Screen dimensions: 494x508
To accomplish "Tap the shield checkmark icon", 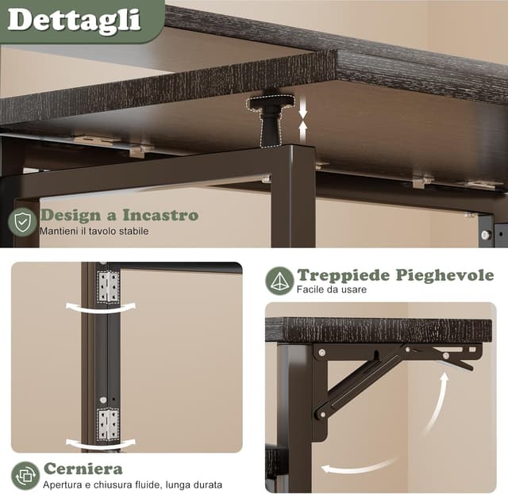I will (x=22, y=222).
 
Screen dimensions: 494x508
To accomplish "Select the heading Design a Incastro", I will (x=119, y=215).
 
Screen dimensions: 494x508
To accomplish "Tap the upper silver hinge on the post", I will (x=108, y=286).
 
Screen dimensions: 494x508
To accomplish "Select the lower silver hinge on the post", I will (x=108, y=423).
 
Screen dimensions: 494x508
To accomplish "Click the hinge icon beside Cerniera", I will (x=25, y=475).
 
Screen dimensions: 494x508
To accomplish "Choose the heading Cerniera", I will (x=83, y=469).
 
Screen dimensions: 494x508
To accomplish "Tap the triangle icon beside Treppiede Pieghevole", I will (x=279, y=281).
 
